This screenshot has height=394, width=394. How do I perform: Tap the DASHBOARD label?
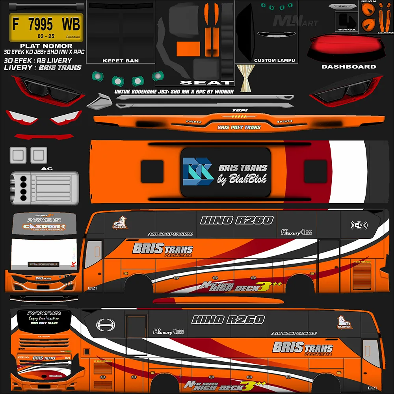[x=349, y=67]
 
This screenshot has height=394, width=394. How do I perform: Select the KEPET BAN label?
[x=121, y=61]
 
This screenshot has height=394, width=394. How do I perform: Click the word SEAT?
[x=206, y=83]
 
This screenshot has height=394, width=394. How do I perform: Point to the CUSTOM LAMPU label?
[x=275, y=61]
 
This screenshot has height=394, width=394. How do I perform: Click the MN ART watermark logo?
[x=295, y=20]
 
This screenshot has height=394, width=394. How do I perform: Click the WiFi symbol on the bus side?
[x=359, y=225]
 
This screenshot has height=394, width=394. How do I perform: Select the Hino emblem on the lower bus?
[x=105, y=325]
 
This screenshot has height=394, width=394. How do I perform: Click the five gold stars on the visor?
[x=239, y=116]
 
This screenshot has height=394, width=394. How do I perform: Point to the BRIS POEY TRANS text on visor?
[x=239, y=128]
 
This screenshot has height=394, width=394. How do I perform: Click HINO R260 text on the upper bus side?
[x=236, y=220]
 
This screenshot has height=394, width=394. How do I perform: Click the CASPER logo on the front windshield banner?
[x=43, y=227]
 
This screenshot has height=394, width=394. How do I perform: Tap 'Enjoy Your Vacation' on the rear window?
[x=44, y=318]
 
